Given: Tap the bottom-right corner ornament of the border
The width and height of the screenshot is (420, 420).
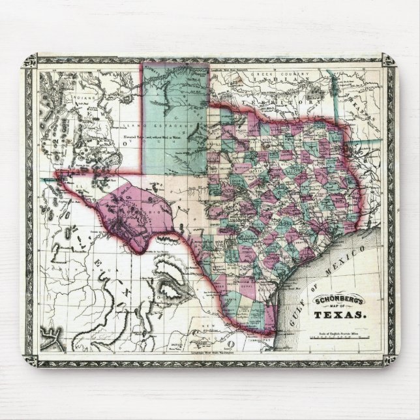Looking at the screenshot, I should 389,357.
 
